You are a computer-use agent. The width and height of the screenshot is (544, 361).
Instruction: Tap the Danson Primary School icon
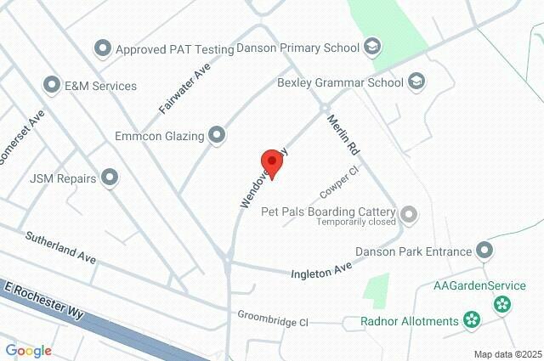tap(371, 47)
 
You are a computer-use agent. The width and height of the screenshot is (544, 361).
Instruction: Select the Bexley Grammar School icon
tap(416, 82)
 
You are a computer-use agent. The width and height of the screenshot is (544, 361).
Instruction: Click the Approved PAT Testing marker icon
tap(103, 48)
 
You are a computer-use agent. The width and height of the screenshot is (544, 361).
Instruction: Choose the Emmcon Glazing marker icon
tap(217, 134)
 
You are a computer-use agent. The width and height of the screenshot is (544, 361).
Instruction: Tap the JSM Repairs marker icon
tap(110, 178)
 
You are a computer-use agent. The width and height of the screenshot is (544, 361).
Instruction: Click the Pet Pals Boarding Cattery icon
tap(409, 213)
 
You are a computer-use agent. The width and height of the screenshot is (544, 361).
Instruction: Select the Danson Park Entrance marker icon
tap(484, 251)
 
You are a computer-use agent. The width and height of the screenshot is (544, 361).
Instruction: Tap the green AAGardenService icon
tap(502, 302)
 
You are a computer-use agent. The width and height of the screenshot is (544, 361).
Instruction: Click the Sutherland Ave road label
tap(60, 246)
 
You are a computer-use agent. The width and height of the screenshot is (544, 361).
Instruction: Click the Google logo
tap(28, 350)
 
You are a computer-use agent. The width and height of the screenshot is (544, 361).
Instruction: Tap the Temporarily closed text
tap(356, 223)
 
